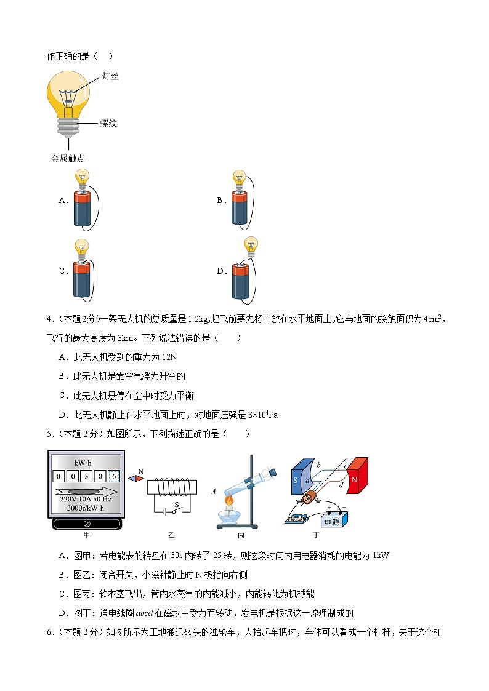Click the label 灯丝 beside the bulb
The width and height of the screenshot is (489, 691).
pos(110,76)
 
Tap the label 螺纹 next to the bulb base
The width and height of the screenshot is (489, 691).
pos(108,123)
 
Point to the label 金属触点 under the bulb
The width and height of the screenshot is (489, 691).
pos(68,158)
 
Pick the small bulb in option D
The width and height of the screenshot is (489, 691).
pos(250,245)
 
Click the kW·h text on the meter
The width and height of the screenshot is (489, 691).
pos(85,461)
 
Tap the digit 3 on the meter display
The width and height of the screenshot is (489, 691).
pos(85,476)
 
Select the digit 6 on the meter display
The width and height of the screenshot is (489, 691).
pos(113,476)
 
